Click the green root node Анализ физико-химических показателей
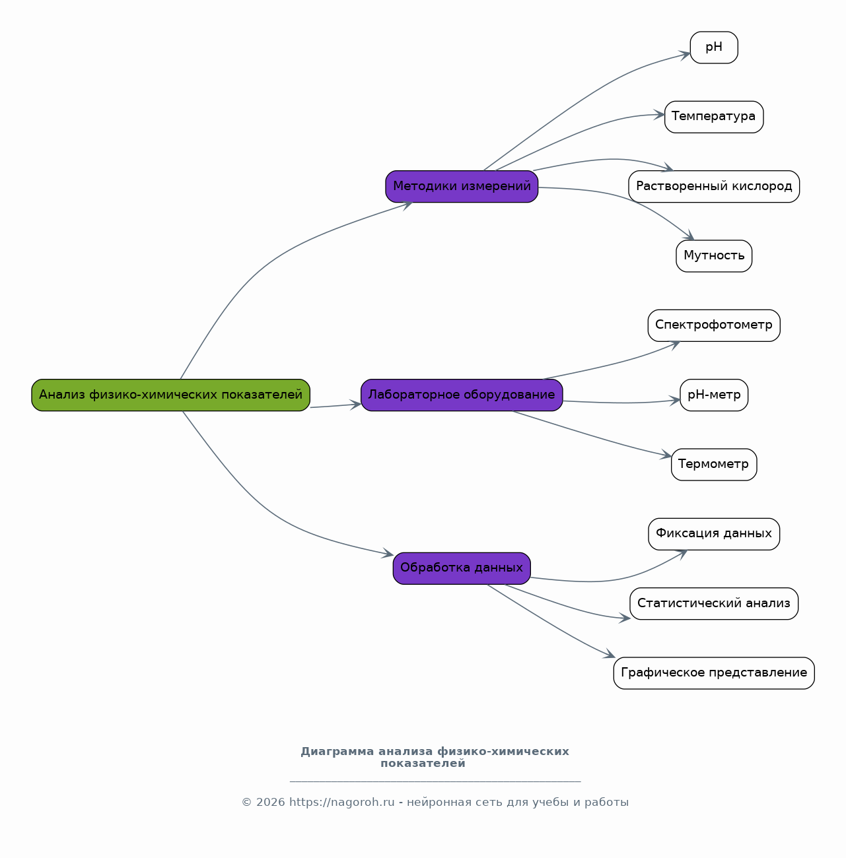pos(170,395)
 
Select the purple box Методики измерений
pos(462,186)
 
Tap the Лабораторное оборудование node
pos(462,395)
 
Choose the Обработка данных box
pos(462,568)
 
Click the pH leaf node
pos(714,48)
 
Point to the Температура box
pos(714,117)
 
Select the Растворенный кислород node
pos(714,186)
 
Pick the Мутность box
pos(714,256)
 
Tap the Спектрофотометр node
pos(714,325)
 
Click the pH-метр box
pos(714,395)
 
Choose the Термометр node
pos(714,465)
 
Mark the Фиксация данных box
pos(714,534)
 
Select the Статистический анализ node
pos(714,603)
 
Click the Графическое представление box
pos(714,673)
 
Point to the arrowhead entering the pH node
pos(684,55)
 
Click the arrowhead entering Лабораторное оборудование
pos(355,405)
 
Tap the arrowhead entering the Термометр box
pos(666,454)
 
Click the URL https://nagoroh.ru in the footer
pos(342,803)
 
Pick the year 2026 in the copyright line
pos(271,803)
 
